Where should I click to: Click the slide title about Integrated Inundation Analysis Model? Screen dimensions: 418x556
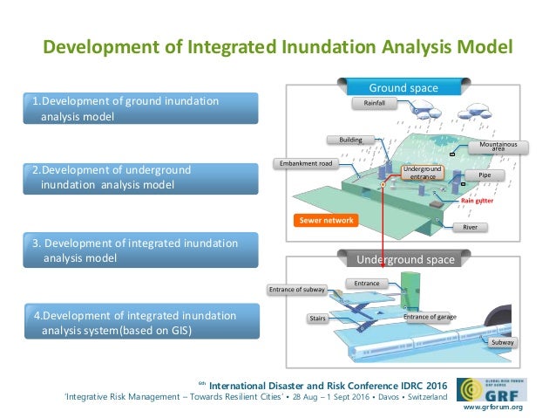(278, 45)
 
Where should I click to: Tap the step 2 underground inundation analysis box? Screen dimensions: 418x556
(142, 177)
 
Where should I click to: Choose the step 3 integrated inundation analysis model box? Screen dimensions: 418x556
(142, 250)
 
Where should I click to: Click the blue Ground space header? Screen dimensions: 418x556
(403, 87)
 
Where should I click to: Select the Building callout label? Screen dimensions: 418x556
(350, 139)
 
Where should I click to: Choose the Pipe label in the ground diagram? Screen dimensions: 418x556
(485, 175)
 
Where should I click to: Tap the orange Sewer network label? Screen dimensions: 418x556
(327, 221)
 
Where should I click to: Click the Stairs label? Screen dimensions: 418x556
(318, 319)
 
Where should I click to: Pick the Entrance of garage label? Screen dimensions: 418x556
(429, 317)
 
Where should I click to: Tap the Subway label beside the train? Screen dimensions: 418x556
(503, 343)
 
